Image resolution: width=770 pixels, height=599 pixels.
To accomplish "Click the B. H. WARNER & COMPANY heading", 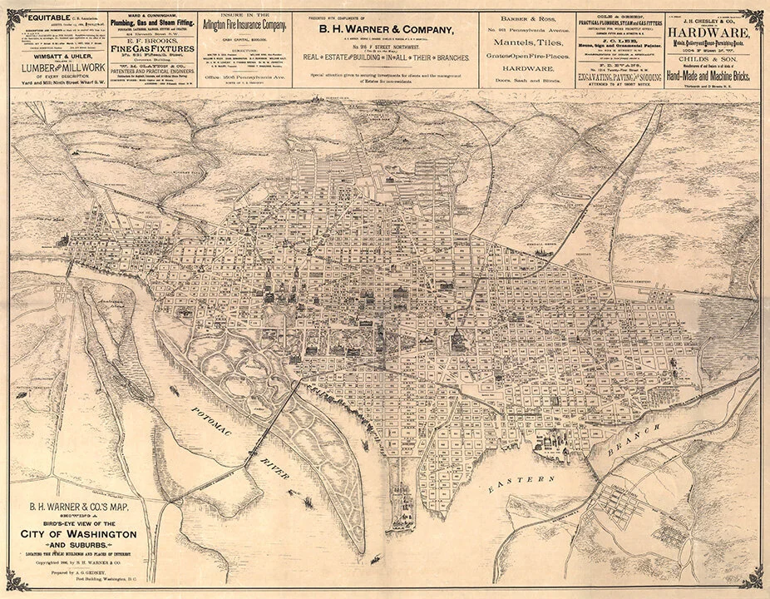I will (x=383, y=31).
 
